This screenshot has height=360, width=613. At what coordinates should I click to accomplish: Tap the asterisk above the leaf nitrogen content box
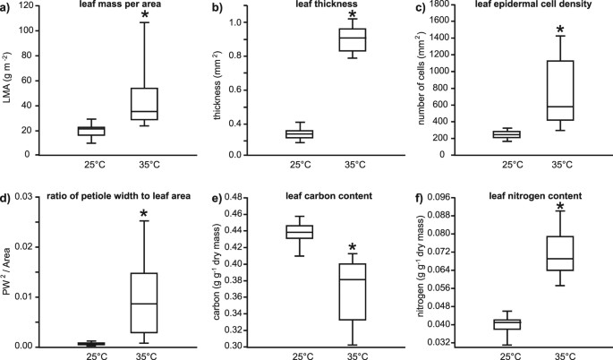[x=560, y=207]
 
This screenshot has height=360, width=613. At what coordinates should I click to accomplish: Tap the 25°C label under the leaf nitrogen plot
[x=511, y=357]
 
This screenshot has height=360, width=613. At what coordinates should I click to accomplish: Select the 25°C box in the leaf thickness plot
[x=298, y=133]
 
